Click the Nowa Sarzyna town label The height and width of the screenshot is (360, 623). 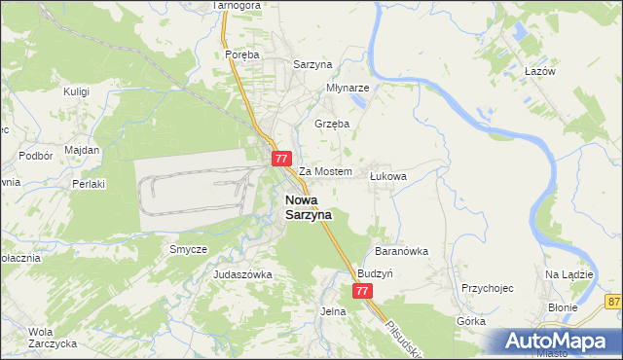coord(308,207)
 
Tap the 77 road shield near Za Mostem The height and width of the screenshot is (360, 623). coord(281,159)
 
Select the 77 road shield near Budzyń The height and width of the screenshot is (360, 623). coord(362,291)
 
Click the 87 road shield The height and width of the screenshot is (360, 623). coord(612,303)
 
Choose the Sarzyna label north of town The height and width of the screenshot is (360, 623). coord(313,64)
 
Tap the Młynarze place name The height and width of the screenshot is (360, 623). coord(348,87)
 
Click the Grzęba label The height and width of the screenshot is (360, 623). coord(332,124)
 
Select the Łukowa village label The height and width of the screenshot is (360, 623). coord(387,176)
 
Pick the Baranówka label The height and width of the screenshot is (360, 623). coord(402,251)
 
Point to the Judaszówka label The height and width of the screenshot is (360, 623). coord(242,275)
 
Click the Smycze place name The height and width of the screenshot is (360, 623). coord(188,249)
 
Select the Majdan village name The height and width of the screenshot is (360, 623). coord(82,150)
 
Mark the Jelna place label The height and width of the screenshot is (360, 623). coord(333,311)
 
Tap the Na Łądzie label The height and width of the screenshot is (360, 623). coord(568,275)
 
